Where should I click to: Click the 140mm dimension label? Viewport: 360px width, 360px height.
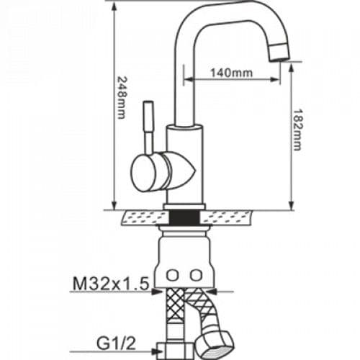pyautogui.click(x=232, y=73)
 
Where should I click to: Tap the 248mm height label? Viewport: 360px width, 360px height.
pyautogui.click(x=122, y=98)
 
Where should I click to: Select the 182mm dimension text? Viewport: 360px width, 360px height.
pyautogui.click(x=297, y=130)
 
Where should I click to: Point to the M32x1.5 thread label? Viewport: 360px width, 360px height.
pyautogui.click(x=111, y=284)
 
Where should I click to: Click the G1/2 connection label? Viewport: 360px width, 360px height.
pyautogui.click(x=117, y=343)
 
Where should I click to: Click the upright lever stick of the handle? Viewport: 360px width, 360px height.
pyautogui.click(x=148, y=127)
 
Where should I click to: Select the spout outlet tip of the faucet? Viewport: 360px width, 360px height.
pyautogui.click(x=279, y=52)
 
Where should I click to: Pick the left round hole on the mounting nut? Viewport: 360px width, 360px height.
pyautogui.click(x=172, y=275)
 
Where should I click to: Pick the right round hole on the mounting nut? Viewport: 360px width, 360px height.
pyautogui.click(x=197, y=275)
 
